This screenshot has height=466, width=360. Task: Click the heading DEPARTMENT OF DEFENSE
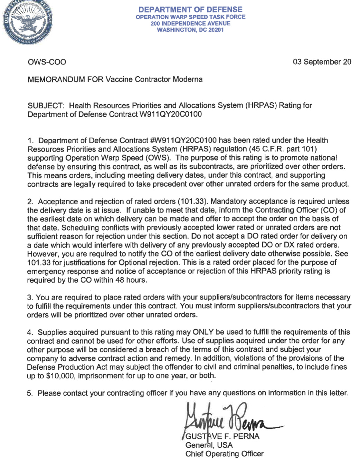[190, 10]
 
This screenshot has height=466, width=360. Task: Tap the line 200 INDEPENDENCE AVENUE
[190, 23]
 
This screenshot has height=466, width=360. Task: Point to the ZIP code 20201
[216, 30]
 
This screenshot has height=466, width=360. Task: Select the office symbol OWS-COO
[47, 62]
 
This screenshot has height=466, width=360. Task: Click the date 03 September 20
[322, 62]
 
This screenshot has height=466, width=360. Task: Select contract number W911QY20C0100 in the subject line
[170, 114]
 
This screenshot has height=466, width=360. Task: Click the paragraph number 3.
[30, 297]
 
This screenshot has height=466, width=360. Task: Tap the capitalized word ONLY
[203, 332]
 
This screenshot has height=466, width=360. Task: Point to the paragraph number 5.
[30, 393]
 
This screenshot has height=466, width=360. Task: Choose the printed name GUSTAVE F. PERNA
[222, 436]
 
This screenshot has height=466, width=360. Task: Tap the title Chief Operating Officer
[224, 454]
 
